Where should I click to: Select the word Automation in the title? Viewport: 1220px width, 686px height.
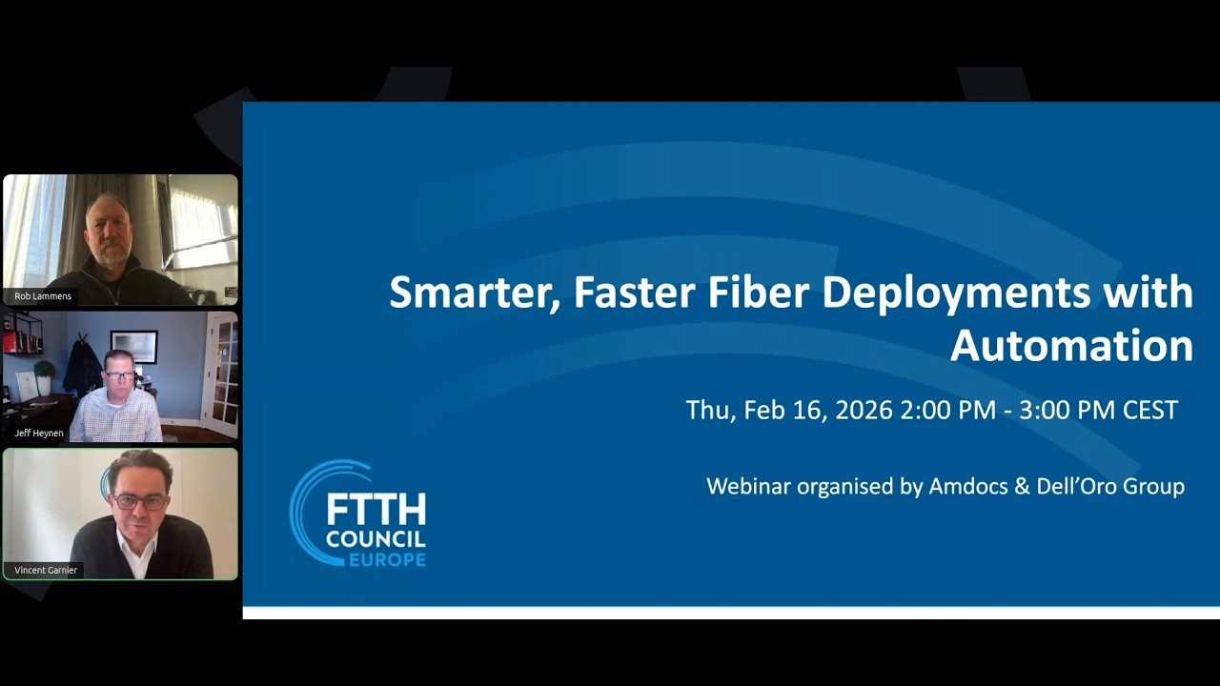(1071, 346)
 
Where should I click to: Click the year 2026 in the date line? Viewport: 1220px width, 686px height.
(864, 411)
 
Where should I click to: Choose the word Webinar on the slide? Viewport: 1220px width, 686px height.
(749, 487)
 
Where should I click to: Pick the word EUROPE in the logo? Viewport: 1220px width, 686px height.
(387, 559)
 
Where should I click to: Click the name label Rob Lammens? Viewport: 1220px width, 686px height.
(43, 296)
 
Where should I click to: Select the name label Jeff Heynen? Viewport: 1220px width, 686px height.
(39, 434)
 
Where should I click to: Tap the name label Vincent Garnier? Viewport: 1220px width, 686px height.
(46, 570)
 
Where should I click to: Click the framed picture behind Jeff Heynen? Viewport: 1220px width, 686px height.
(133, 346)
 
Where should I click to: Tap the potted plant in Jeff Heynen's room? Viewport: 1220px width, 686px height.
(44, 373)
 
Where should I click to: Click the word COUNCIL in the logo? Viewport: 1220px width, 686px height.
(376, 537)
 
